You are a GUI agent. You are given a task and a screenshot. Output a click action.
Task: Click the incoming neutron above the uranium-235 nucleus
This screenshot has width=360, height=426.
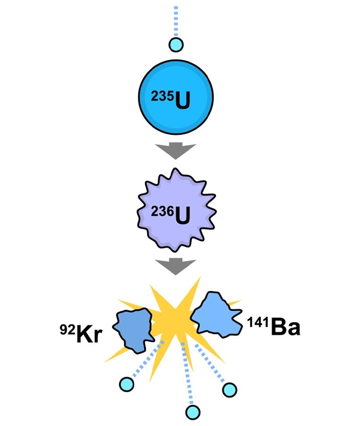pyautogui.click(x=176, y=45)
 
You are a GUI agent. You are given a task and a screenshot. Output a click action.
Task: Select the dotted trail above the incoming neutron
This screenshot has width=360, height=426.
pyautogui.click(x=176, y=21)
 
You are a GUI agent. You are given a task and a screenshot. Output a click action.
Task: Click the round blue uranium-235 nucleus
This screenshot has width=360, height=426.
pyautogui.click(x=176, y=97)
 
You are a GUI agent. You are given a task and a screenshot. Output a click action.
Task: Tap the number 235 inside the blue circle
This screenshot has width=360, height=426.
pyautogui.click(x=162, y=96)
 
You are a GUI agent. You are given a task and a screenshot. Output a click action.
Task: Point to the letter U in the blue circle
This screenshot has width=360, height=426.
pyautogui.click(x=182, y=101)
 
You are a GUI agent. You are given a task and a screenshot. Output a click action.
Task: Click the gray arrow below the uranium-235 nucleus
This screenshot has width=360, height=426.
pyautogui.click(x=176, y=150)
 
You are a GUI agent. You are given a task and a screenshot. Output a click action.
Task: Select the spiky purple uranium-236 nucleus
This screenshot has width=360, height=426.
pyautogui.click(x=176, y=210)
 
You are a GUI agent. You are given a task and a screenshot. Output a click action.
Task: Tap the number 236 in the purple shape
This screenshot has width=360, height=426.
pyautogui.click(x=162, y=212)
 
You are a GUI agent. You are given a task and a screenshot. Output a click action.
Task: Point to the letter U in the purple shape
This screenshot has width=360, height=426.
pyautogui.click(x=182, y=216)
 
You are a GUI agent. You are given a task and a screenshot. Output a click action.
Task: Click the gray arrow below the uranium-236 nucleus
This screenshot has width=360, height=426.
pyautogui.click(x=176, y=267)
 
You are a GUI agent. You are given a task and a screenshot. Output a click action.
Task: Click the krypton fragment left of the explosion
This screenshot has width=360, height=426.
pyautogui.click(x=134, y=330)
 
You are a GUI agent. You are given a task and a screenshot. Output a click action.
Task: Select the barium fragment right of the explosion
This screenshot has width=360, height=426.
pyautogui.click(x=216, y=315)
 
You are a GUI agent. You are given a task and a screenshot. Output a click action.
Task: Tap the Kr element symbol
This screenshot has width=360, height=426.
pyautogui.click(x=89, y=334)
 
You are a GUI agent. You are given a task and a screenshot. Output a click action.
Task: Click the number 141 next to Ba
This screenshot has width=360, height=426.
pyautogui.click(x=258, y=322)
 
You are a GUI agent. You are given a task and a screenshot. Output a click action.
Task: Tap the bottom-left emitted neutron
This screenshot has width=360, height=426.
pyautogui.click(x=127, y=384)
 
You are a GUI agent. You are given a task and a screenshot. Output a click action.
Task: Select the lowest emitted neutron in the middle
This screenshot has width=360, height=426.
pyautogui.click(x=193, y=412)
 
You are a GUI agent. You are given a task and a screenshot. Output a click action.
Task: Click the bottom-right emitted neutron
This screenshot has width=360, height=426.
pyautogui.click(x=230, y=390)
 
